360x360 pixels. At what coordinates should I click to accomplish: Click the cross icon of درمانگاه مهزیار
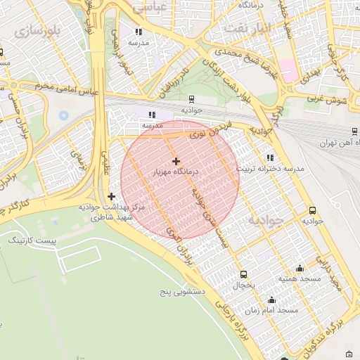tap(176, 161)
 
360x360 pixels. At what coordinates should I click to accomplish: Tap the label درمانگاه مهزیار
tap(176, 172)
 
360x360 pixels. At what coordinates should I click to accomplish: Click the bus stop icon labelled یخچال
tap(243, 274)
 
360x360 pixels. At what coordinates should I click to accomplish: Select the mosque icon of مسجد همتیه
tap(300, 268)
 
